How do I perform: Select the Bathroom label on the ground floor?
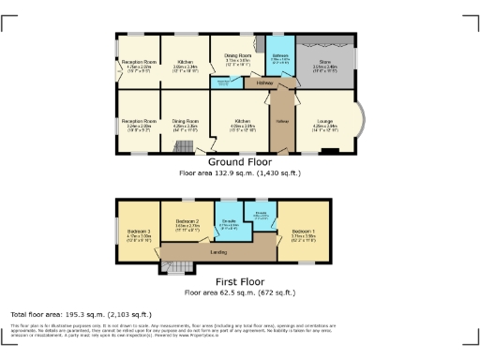click(x=279, y=55)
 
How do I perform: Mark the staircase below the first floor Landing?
click(x=176, y=270)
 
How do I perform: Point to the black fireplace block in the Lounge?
click(x=328, y=151)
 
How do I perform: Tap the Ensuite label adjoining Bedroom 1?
click(x=262, y=214)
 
